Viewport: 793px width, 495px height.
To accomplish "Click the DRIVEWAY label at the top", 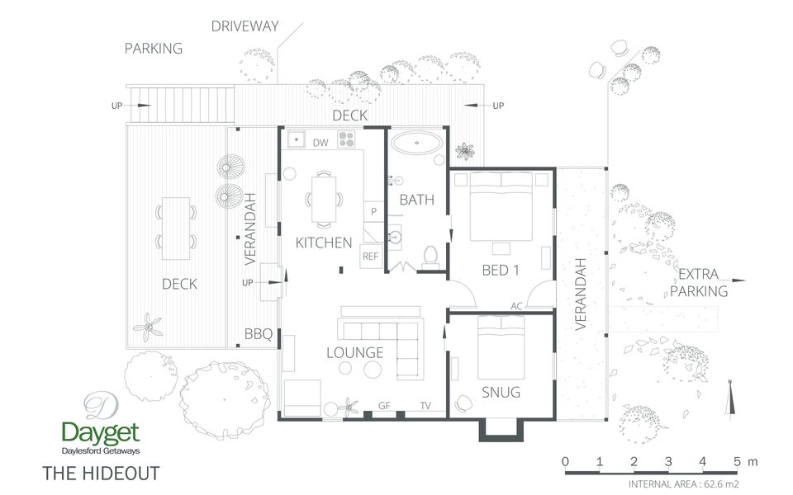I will tap(245, 26).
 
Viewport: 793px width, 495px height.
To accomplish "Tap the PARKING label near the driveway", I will tap(154, 49).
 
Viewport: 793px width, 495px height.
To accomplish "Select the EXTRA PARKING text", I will tap(699, 283).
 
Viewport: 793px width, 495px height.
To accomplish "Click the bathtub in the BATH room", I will tap(417, 143).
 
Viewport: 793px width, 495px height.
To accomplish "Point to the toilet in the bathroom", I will tap(430, 257).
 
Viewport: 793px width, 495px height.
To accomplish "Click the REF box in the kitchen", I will tap(370, 257).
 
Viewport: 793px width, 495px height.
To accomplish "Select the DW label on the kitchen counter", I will tap(321, 143).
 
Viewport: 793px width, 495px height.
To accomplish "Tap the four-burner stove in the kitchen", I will tap(347, 139).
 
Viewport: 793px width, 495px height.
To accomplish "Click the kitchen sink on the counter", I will tap(294, 140).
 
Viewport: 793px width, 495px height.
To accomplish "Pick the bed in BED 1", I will tap(501, 206).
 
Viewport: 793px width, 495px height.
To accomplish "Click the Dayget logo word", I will tap(101, 433).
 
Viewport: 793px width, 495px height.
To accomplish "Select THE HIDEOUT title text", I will tap(100, 474).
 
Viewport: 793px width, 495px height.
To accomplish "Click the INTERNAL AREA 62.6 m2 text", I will tap(684, 484).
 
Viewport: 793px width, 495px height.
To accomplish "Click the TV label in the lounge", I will tap(425, 405).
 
